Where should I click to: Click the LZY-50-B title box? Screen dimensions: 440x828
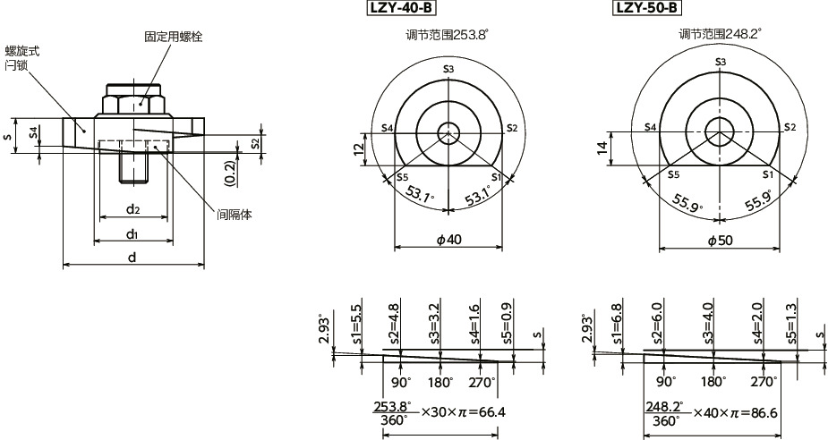tap(645, 9)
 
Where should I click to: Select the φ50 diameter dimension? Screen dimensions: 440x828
tap(719, 240)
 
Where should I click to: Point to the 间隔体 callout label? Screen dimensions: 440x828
tap(235, 214)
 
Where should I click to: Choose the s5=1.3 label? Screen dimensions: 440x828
tap(790, 324)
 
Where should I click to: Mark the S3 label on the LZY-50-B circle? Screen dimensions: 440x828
tap(721, 61)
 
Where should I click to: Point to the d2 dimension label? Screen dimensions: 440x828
tap(132, 210)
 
